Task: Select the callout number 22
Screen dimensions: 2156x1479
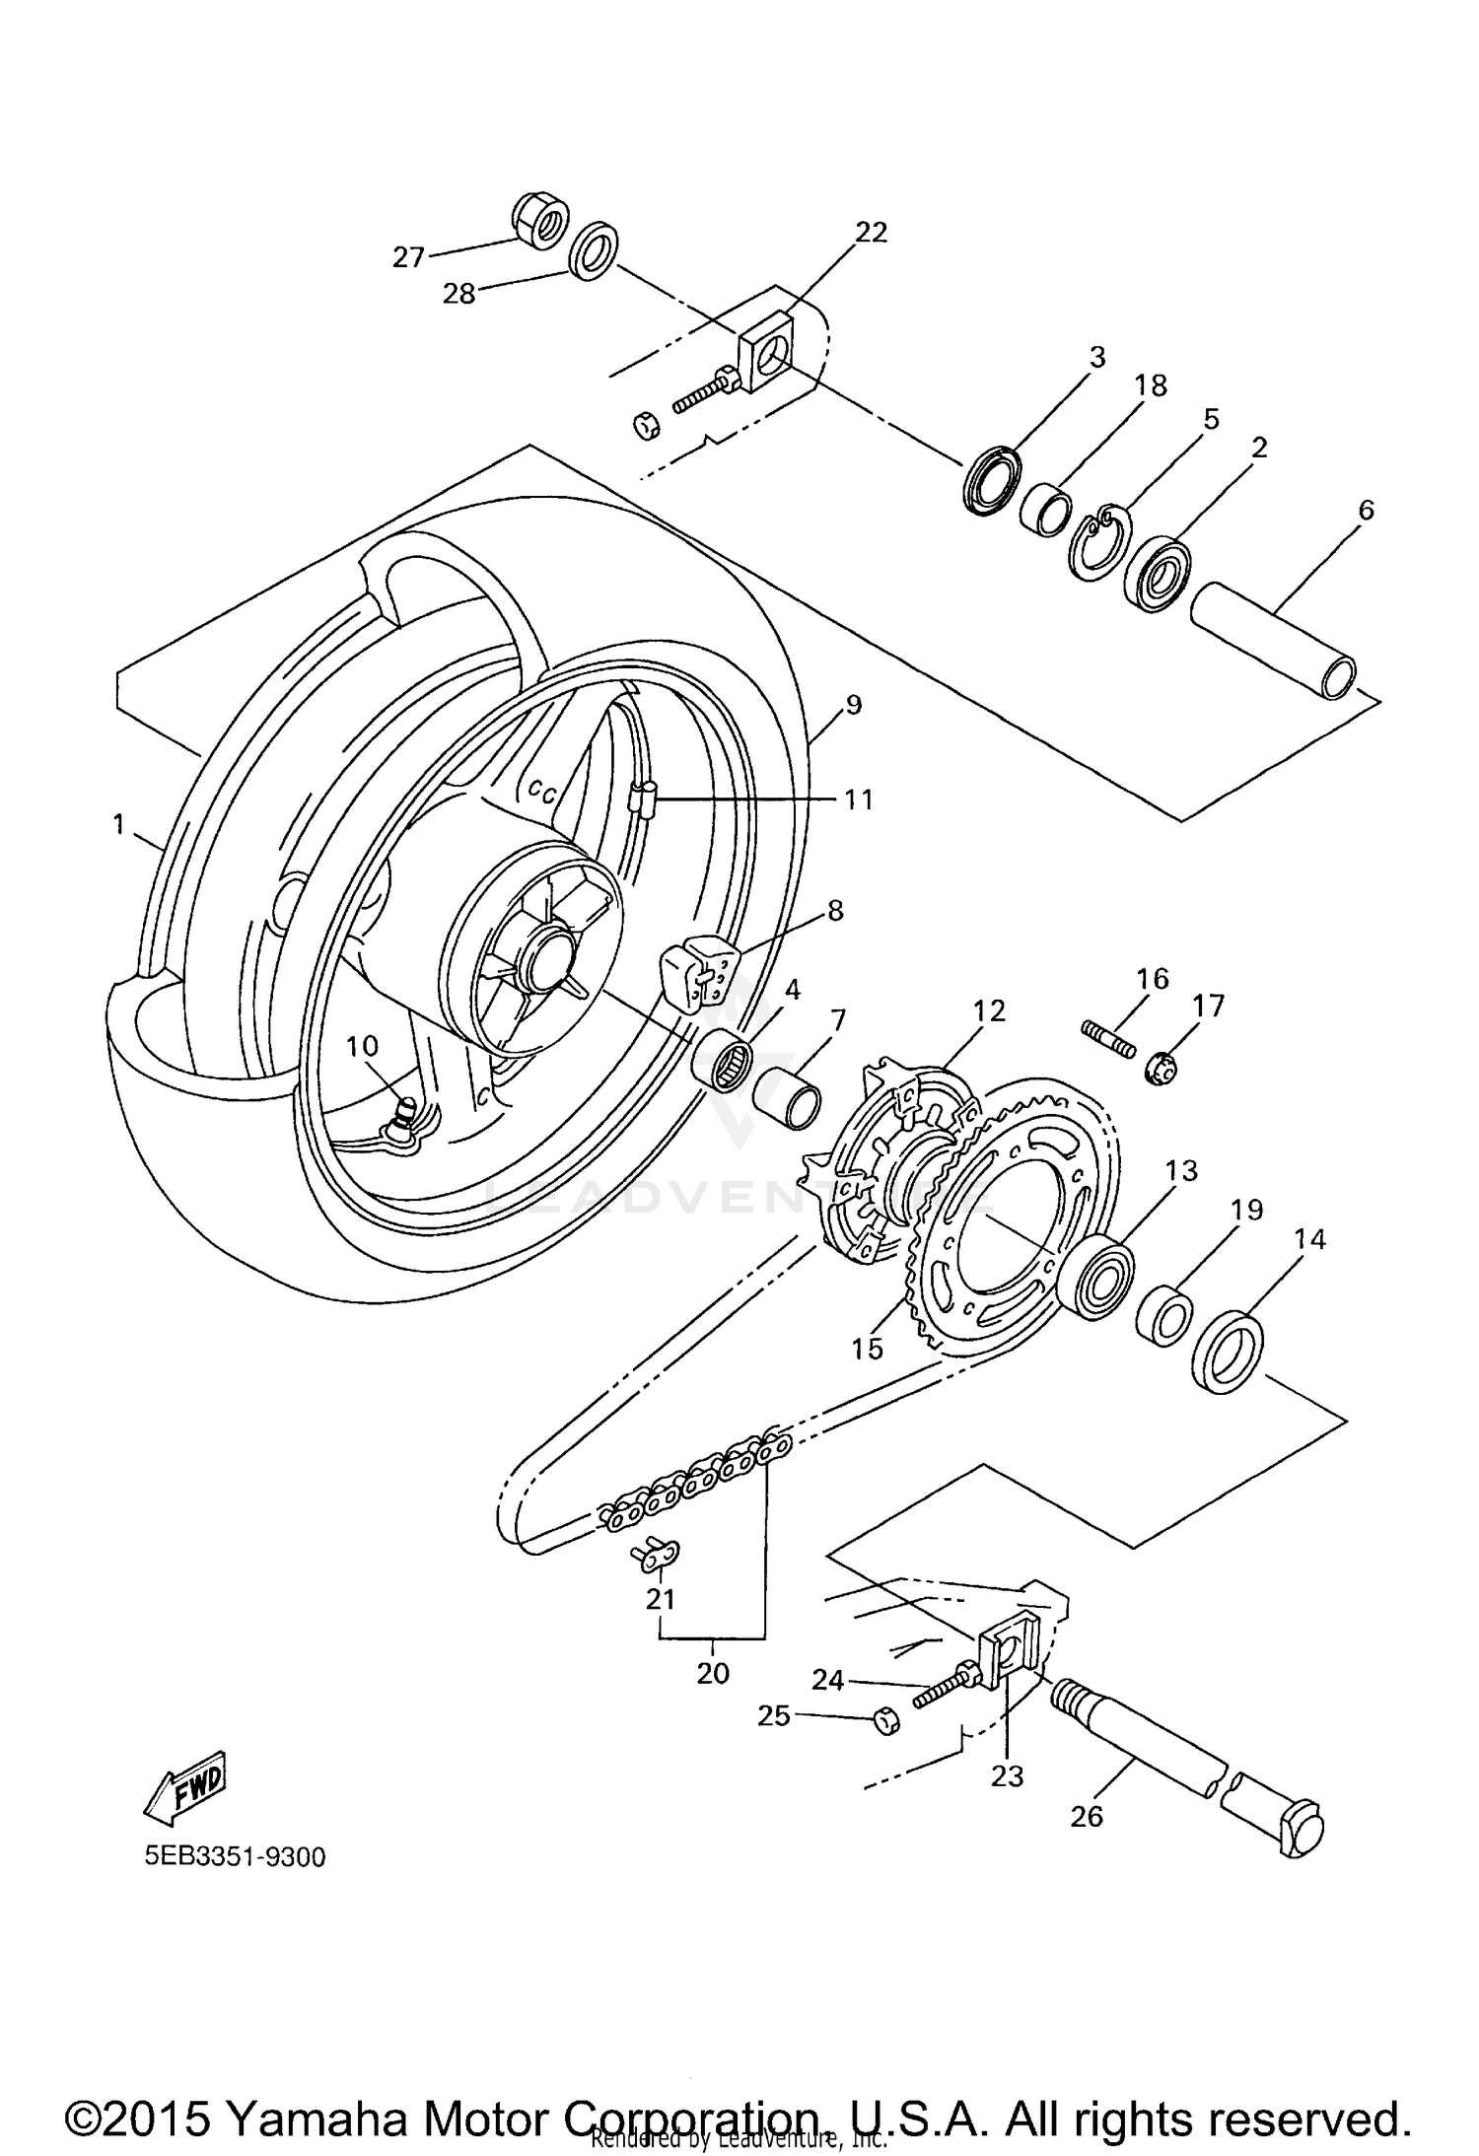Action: pyautogui.click(x=871, y=232)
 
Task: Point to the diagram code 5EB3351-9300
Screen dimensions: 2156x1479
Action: pyautogui.click(x=235, y=1857)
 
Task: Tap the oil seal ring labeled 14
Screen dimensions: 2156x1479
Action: pyautogui.click(x=1229, y=1351)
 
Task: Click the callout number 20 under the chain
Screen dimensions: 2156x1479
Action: pyautogui.click(x=713, y=1673)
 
